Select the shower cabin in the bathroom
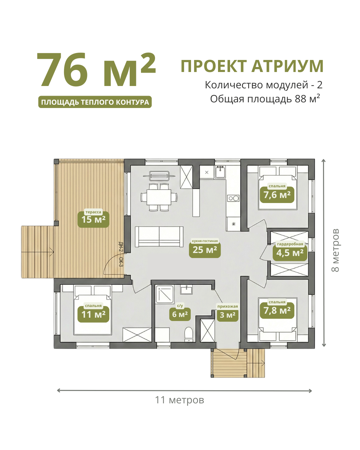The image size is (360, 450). click(x=164, y=294)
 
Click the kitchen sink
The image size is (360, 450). click(x=220, y=172)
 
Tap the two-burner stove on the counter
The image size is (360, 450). click(x=233, y=198)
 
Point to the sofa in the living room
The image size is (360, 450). click(x=159, y=237)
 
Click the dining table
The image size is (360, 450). click(x=159, y=197)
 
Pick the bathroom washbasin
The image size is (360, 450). click(x=186, y=290)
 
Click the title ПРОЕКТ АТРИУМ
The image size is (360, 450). click(x=252, y=66)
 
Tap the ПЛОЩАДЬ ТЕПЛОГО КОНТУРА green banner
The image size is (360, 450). click(x=95, y=102)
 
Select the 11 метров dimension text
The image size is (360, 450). click(x=179, y=400)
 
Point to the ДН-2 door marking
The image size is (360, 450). click(x=121, y=247)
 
